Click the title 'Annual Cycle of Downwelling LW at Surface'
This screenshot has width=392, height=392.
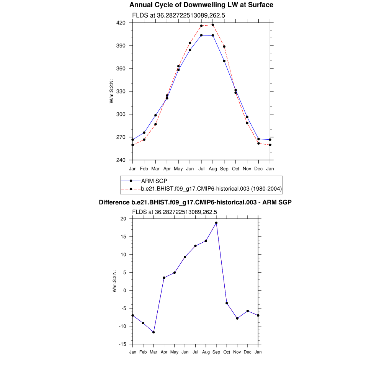201,5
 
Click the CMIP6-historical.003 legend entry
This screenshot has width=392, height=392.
211,188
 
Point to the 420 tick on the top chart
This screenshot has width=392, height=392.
121,23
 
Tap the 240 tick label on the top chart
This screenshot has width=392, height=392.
121,160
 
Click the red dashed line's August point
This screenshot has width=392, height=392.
213,25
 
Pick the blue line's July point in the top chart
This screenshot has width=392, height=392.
201,35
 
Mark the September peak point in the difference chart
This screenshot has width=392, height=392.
216,223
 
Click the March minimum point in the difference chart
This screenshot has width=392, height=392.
154,332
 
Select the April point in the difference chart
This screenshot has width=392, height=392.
164,278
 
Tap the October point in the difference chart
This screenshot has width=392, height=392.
227,303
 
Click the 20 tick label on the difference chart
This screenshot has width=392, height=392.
123,219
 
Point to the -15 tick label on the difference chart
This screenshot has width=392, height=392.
122,344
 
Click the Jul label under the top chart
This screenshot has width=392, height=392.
201,168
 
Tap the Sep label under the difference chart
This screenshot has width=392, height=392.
216,352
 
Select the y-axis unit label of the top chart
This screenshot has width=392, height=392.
111,91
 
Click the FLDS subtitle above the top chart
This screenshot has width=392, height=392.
178,16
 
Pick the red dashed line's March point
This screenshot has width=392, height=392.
155,124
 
